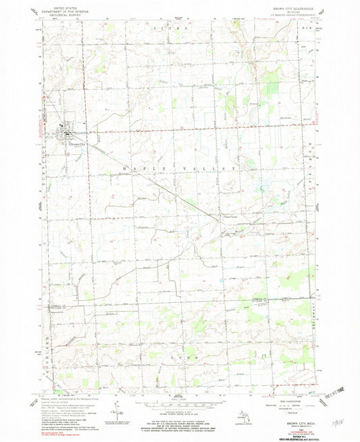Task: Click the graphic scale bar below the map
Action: pos(179,397)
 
